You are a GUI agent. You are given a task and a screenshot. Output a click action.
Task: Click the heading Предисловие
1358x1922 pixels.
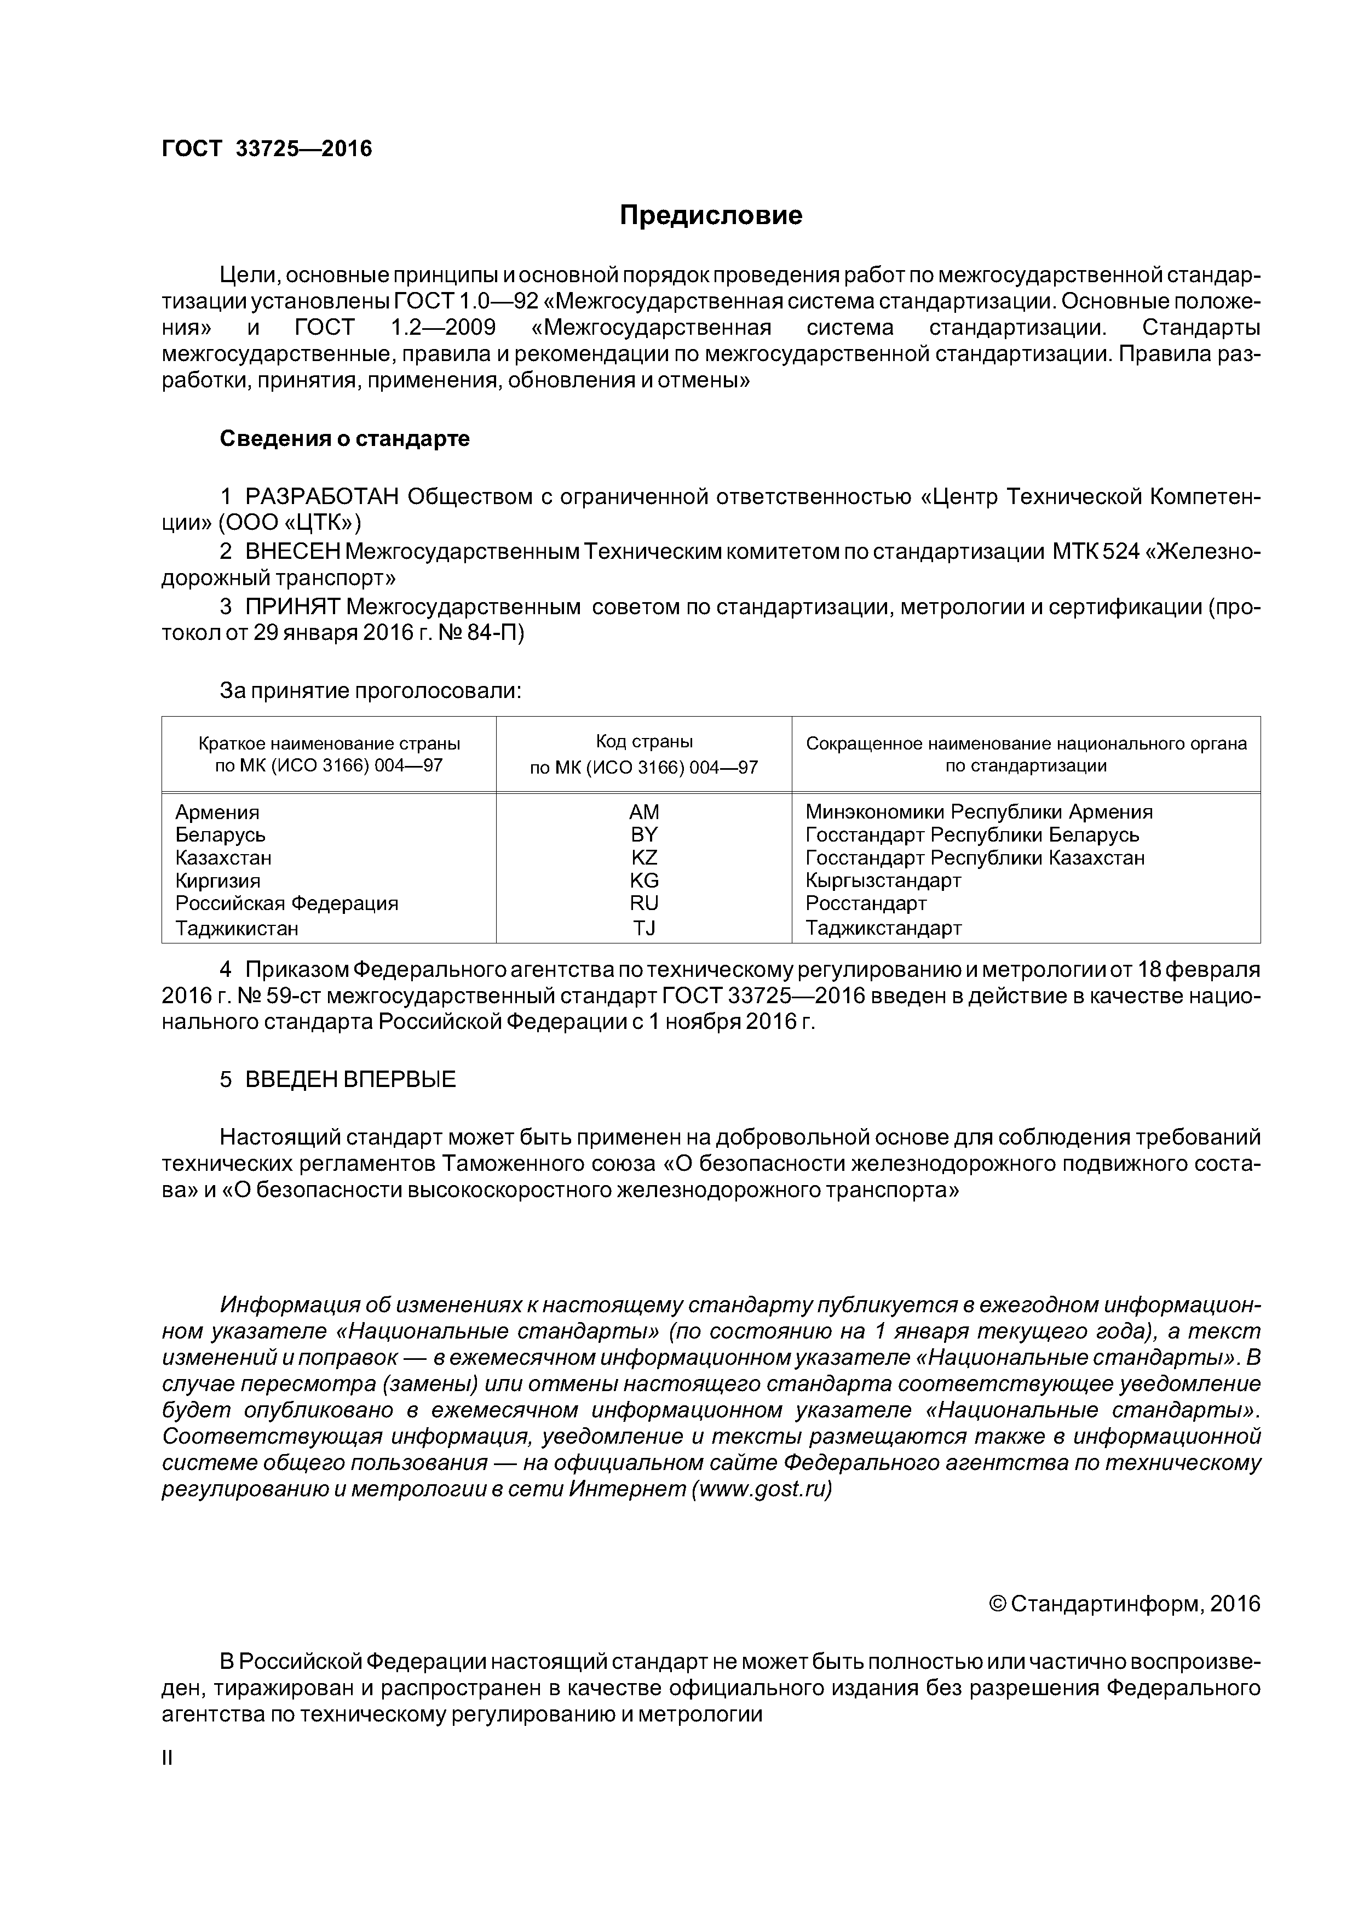coord(710,216)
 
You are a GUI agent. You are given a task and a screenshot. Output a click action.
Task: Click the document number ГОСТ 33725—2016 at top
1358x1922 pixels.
coord(266,149)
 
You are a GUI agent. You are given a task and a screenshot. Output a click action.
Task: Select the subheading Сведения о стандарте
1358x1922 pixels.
coord(345,439)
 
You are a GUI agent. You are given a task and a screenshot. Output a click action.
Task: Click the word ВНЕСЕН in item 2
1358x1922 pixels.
coord(293,552)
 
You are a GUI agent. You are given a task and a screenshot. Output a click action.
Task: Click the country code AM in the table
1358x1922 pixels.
coord(643,812)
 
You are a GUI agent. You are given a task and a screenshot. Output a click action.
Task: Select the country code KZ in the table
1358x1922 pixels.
coord(643,858)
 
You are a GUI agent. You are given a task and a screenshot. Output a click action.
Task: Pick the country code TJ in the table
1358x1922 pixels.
coord(643,928)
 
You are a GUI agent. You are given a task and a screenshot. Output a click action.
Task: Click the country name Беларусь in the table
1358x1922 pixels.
coord(221,834)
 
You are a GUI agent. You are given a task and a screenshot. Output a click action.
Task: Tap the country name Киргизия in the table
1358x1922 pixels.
coord(217,880)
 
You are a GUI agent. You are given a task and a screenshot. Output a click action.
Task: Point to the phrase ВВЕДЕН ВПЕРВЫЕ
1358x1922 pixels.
coord(350,1080)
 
